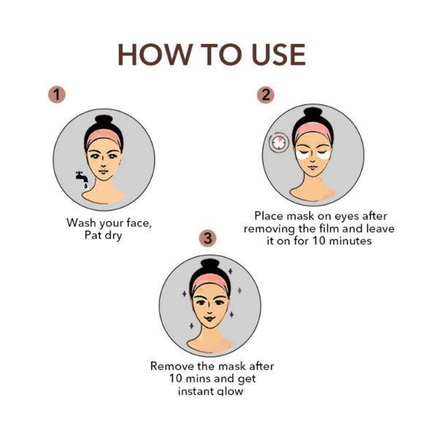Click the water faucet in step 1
81,179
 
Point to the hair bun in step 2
313,114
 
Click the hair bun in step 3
210,265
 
